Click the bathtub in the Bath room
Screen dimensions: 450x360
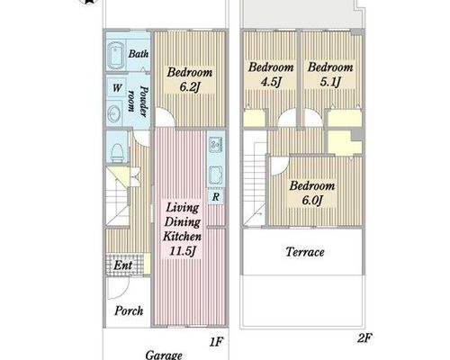pos(116,56)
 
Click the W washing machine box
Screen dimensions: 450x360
pos(116,88)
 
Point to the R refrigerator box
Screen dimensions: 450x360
pos(215,197)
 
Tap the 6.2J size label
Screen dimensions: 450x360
pos(189,87)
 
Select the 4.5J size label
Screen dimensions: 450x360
pos(271,82)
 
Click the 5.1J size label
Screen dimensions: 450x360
pos(330,82)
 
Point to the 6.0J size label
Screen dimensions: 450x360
pos(312,200)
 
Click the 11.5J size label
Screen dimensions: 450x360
pos(183,251)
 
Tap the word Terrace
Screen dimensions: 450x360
pos(305,252)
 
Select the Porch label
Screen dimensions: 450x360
pos(129,310)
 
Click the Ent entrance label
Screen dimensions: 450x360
pos(123,265)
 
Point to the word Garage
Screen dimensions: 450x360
pos(164,355)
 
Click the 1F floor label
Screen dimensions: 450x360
pos(216,341)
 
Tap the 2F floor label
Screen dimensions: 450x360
pos(364,338)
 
